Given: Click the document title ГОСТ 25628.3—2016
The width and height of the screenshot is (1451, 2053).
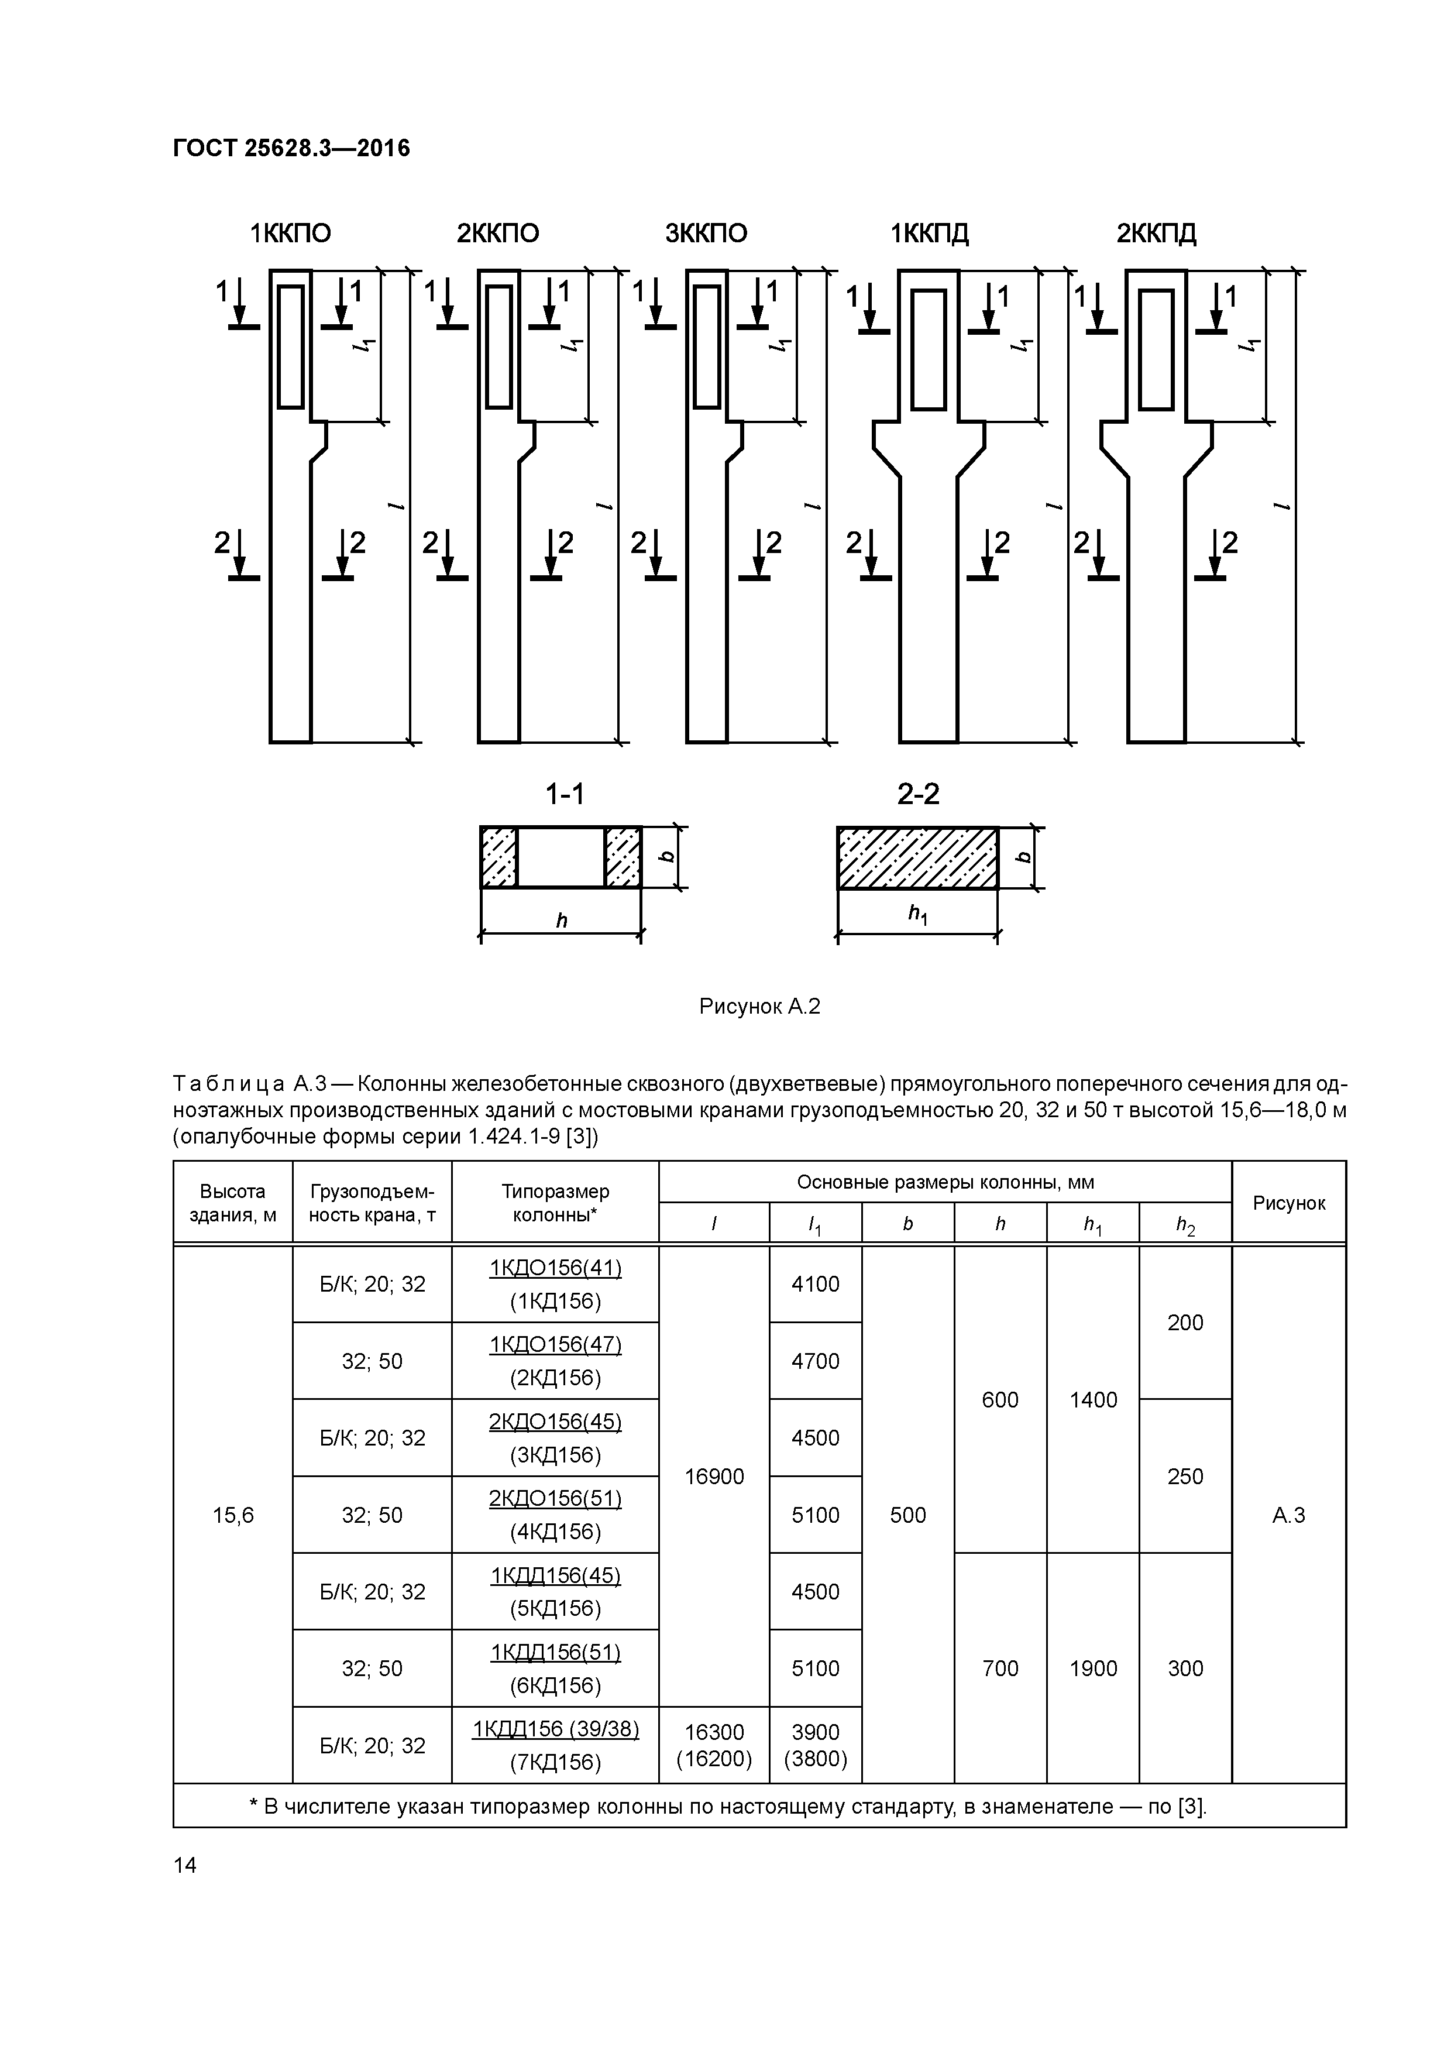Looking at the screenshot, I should click(291, 149).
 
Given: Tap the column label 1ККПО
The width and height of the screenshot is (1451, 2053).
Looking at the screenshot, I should click(291, 234).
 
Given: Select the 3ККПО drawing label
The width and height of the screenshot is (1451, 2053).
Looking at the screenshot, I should click(706, 234).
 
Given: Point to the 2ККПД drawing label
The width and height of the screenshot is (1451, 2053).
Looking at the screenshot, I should click(1156, 234).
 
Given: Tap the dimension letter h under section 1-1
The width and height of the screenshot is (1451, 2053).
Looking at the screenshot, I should click(562, 920).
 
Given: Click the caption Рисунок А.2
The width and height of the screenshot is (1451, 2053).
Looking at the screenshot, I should click(760, 1007).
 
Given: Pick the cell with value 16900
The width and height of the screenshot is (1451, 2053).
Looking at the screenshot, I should click(714, 1477).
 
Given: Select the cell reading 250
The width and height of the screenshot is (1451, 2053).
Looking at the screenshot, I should click(1185, 1477).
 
